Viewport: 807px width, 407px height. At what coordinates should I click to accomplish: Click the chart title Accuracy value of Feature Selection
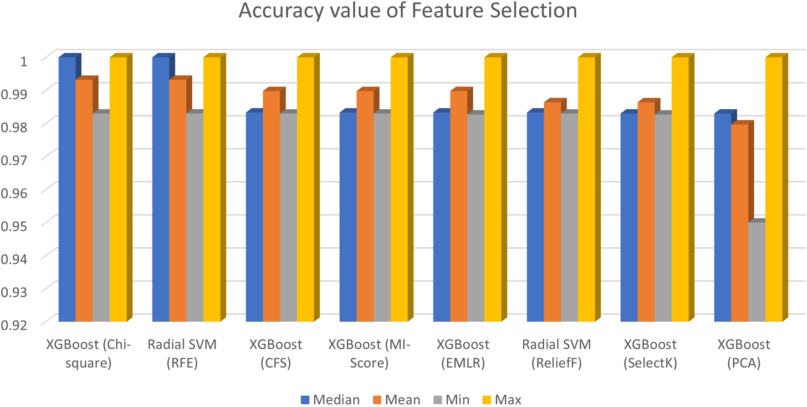coord(408,11)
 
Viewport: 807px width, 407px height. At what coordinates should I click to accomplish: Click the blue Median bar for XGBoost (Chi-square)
coord(67,189)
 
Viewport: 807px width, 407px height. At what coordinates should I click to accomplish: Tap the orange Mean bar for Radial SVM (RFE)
coord(178,200)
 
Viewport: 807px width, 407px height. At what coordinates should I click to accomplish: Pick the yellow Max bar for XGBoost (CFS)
coord(306,189)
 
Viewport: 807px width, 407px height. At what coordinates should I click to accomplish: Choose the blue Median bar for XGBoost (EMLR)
coord(441,217)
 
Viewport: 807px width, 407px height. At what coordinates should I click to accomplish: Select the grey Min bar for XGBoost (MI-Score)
coord(382,217)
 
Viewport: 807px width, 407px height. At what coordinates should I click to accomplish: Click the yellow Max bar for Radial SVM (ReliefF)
coord(587,189)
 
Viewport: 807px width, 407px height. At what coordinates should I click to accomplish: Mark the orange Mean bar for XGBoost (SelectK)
coord(646,212)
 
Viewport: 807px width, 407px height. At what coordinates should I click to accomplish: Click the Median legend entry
coord(330,400)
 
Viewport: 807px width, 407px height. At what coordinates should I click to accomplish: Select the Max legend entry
coord(501,400)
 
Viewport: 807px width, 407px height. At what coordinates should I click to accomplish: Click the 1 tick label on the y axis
coord(24,61)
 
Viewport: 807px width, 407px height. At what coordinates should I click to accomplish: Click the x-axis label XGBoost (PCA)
coord(744,354)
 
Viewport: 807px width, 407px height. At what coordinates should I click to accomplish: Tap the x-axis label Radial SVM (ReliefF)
coord(557,354)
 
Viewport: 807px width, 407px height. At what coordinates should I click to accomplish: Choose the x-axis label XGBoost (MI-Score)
coord(369,354)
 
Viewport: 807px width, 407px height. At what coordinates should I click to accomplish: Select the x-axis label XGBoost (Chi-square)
coord(88,354)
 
